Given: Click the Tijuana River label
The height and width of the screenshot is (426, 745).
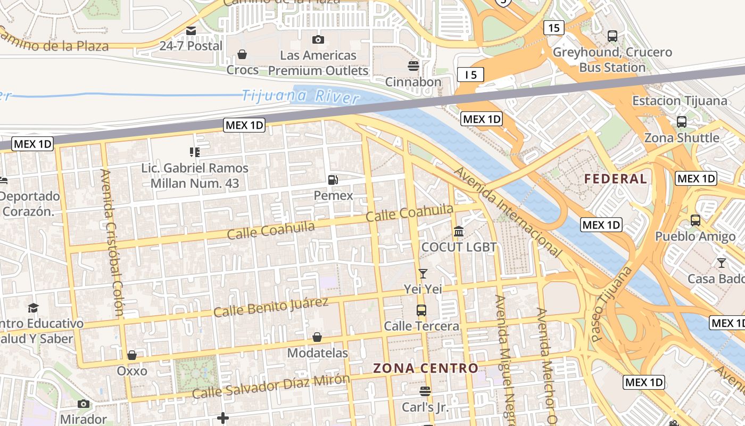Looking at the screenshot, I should pyautogui.click(x=300, y=96).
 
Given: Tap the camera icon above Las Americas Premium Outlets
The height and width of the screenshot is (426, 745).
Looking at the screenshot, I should pyautogui.click(x=318, y=39).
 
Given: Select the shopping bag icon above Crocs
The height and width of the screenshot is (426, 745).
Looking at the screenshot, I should pyautogui.click(x=242, y=54).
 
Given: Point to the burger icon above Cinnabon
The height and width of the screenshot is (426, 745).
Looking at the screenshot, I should pyautogui.click(x=413, y=66).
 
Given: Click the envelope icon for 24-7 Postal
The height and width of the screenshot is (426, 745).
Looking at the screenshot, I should pyautogui.click(x=191, y=31).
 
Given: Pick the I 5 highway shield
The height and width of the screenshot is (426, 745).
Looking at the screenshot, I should pyautogui.click(x=470, y=75).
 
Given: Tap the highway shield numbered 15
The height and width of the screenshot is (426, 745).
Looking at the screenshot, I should pyautogui.click(x=553, y=28).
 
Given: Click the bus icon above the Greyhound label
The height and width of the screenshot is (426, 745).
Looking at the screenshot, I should pyautogui.click(x=612, y=36).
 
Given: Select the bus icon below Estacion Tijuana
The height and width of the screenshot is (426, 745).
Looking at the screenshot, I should pyautogui.click(x=682, y=121).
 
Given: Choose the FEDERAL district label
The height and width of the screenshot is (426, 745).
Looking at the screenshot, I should pyautogui.click(x=616, y=179).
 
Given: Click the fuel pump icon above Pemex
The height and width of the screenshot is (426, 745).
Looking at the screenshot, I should pyautogui.click(x=333, y=180).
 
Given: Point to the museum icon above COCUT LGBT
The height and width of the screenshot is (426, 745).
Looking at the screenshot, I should pyautogui.click(x=459, y=232).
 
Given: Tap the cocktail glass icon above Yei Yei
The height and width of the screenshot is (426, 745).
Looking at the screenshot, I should pyautogui.click(x=423, y=274).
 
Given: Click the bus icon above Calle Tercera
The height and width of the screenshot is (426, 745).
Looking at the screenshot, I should pyautogui.click(x=421, y=310).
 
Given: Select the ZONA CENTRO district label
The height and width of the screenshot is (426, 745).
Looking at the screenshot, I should pyautogui.click(x=426, y=368).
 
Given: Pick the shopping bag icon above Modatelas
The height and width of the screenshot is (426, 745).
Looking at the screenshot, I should pyautogui.click(x=317, y=337).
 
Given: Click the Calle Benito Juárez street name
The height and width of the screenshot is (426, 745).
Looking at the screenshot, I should pyautogui.click(x=270, y=307).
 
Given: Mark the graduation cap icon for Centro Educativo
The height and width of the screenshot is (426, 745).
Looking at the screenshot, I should pyautogui.click(x=33, y=308).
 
